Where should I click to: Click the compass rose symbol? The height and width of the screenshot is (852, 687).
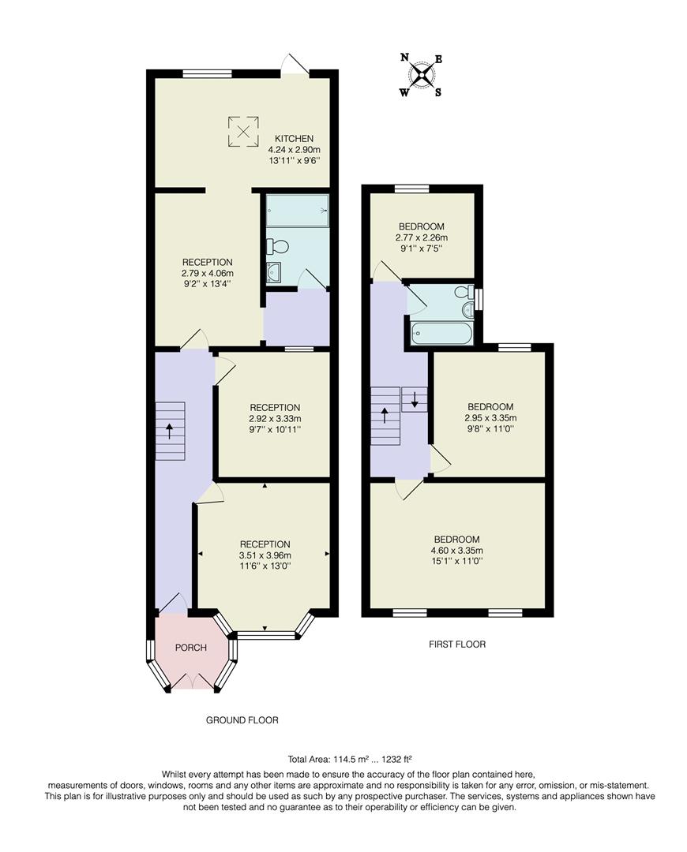pos(422,75)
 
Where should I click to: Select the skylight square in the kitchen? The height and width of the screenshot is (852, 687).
pos(243,131)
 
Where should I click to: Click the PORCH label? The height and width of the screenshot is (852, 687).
pos(190,648)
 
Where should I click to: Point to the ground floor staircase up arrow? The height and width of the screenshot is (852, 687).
pos(170,432)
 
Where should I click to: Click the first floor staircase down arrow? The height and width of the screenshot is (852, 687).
pos(415,399)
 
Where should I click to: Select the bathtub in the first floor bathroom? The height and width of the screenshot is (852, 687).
pos(441,334)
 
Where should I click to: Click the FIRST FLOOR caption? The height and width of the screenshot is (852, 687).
pos(457,645)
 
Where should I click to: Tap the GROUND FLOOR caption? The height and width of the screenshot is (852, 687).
pos(242,720)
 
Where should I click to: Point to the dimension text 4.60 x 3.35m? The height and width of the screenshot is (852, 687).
pos(456,551)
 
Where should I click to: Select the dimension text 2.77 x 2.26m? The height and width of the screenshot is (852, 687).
pos(421,237)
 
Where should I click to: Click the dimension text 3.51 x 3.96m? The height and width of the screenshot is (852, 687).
pos(265,555)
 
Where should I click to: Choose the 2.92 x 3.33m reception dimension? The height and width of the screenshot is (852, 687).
pos(270,419)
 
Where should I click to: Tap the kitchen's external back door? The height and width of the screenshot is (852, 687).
pos(295,66)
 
